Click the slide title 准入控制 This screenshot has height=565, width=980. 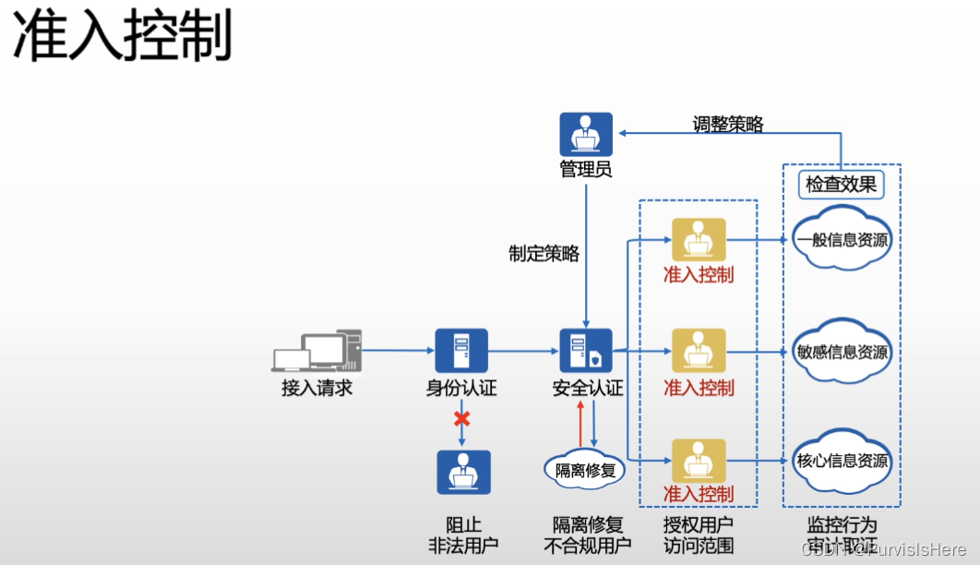pyautogui.click(x=122, y=38)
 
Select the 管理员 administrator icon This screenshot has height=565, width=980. pyautogui.click(x=586, y=134)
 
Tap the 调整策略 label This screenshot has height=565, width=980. pyautogui.click(x=728, y=124)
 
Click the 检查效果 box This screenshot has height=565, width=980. pyautogui.click(x=841, y=185)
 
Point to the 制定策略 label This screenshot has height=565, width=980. pyautogui.click(x=544, y=253)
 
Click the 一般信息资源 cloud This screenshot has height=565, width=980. pyautogui.click(x=842, y=241)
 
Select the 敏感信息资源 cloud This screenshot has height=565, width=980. pyautogui.click(x=842, y=352)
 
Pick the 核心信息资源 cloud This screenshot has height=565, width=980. pyautogui.click(x=842, y=461)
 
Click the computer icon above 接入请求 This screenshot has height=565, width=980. pyautogui.click(x=317, y=352)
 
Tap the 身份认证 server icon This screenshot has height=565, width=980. pyautogui.click(x=461, y=351)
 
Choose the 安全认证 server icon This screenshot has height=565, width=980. pyautogui.click(x=586, y=351)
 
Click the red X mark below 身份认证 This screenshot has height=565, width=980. pyautogui.click(x=461, y=418)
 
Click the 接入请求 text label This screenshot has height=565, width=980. pyautogui.click(x=317, y=388)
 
